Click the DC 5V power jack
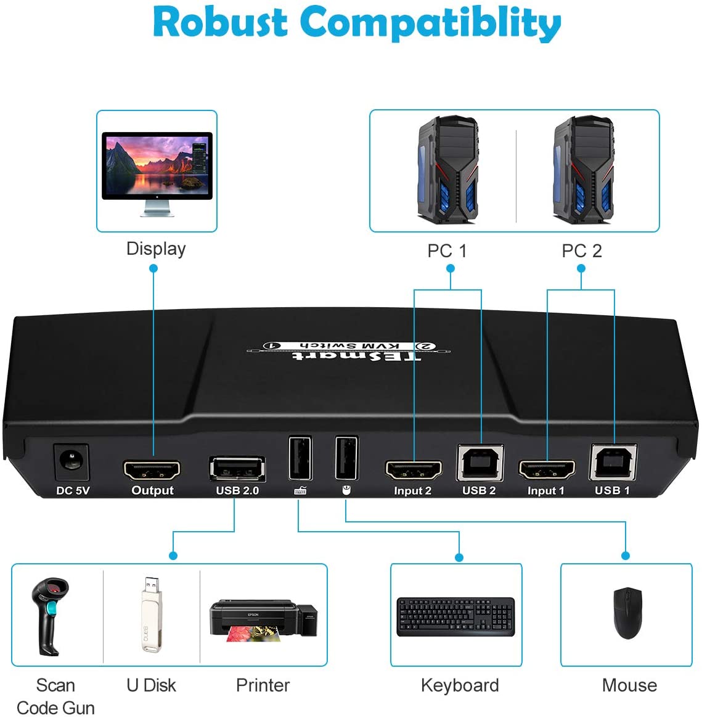[x=72, y=462]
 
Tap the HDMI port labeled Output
[x=152, y=471]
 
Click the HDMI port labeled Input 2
[x=414, y=471]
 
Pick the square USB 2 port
[x=480, y=463]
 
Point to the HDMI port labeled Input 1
[x=547, y=471]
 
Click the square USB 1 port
[x=613, y=462]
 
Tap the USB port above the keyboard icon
[x=300, y=458]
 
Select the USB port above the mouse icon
[x=346, y=457]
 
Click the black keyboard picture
[x=455, y=616]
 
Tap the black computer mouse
[x=627, y=613]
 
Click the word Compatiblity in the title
[x=430, y=23]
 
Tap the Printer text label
[x=263, y=685]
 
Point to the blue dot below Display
[x=153, y=268]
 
